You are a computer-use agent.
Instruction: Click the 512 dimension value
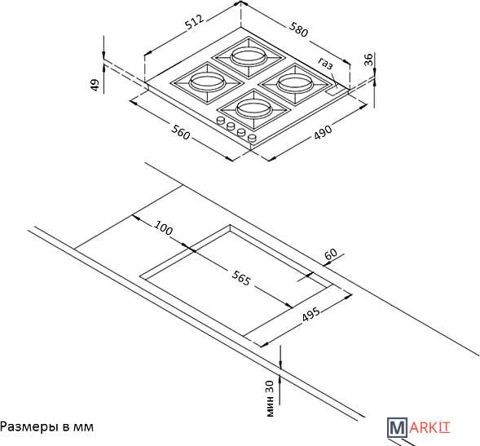195,22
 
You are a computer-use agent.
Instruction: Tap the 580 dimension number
298,29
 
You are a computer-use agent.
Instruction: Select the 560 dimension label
181,132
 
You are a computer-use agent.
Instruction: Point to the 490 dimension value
323,132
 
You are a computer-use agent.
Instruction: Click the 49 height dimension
95,85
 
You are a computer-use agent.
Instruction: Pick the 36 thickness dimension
369,60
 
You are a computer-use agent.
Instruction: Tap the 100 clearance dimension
164,228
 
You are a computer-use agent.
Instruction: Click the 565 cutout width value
241,278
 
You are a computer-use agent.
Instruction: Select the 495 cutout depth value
310,314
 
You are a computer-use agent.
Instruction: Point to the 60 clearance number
331,254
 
